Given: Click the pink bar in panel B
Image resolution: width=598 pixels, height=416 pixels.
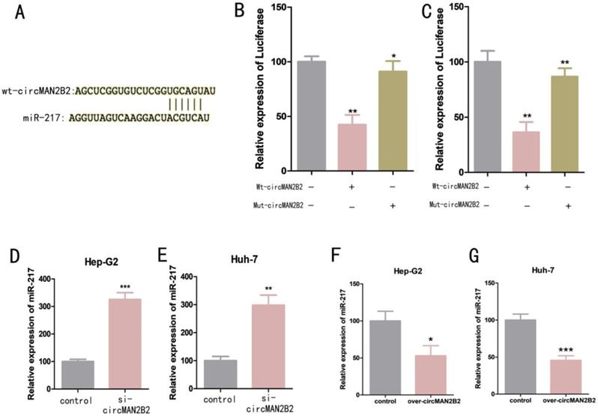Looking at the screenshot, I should (352, 148).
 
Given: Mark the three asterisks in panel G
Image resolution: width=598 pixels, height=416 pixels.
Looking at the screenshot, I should (561, 350).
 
